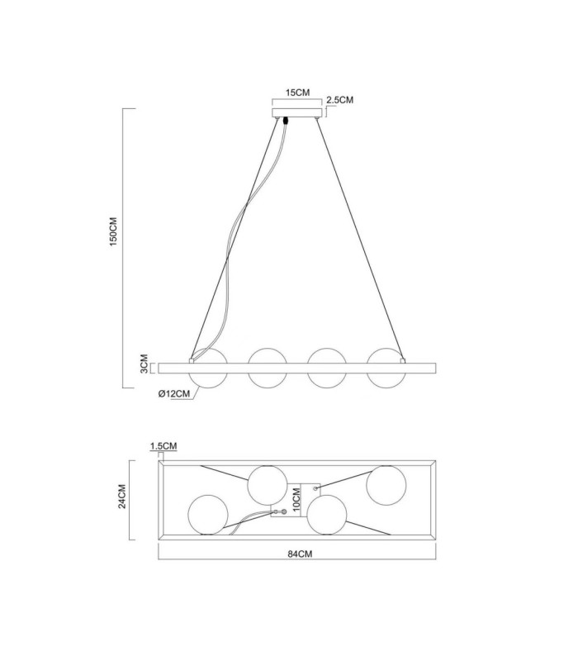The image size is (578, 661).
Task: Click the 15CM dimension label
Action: click(297, 93)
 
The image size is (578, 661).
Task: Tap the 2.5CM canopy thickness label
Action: click(339, 100)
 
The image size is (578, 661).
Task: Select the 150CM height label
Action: click(114, 232)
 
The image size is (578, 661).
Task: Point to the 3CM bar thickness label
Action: click(144, 363)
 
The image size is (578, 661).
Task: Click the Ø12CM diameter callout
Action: click(174, 394)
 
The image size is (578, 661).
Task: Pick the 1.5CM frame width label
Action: click(163, 446)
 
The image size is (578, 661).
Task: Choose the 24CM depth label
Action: click(121, 497)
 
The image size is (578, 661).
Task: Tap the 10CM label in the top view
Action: click(296, 500)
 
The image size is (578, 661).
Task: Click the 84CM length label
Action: click(300, 554)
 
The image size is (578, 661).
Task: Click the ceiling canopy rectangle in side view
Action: click(297, 112)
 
